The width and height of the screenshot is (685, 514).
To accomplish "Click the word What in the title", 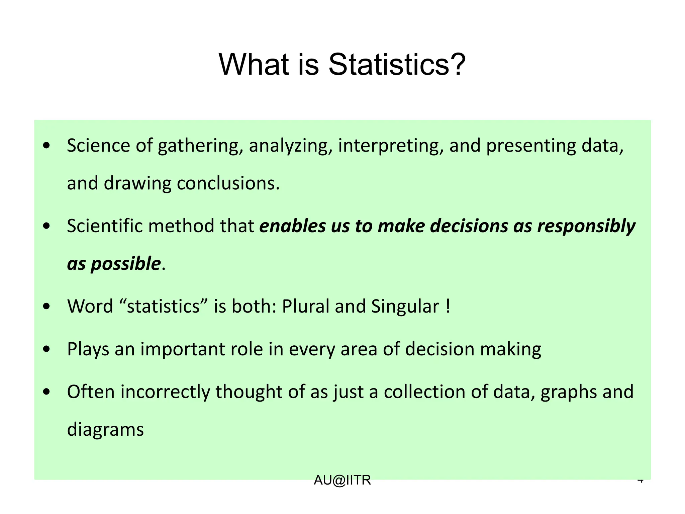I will point(254,64).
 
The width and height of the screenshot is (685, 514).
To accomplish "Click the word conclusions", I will point(228,183).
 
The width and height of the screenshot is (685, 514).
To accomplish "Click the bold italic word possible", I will point(126,264).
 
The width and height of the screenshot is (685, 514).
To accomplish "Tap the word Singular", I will point(405,306).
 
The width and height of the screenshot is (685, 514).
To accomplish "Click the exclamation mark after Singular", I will point(448,306).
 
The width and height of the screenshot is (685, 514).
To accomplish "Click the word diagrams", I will point(105,430).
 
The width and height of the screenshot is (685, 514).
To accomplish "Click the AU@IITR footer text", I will point(342,480).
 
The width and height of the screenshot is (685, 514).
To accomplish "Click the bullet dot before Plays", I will point(47,349).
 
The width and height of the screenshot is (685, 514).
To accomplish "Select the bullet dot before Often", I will point(47,392).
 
